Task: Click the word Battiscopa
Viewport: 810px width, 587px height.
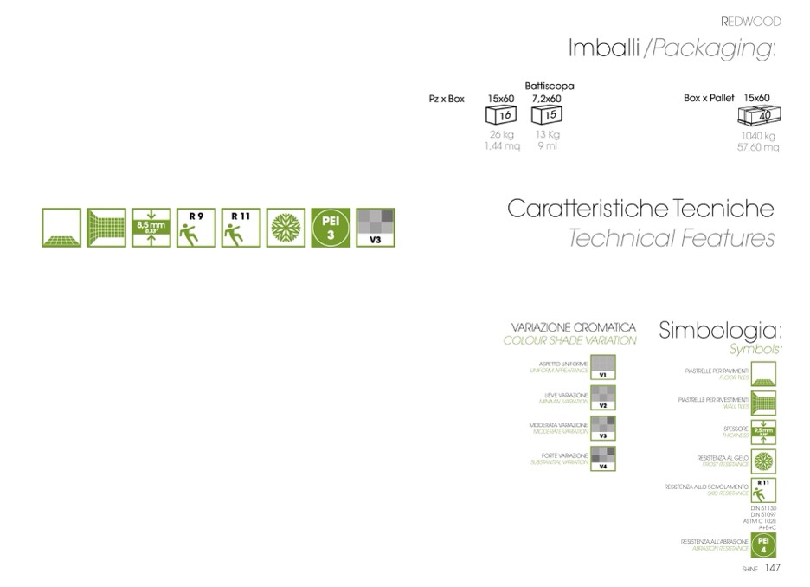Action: tap(549, 86)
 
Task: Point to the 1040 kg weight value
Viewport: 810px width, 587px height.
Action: tap(757, 136)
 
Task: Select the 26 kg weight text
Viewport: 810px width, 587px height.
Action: tap(501, 135)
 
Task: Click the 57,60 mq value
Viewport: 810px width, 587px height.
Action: tap(757, 147)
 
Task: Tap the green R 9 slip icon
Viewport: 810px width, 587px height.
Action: tap(196, 229)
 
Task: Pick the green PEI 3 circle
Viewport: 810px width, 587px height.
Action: tap(330, 229)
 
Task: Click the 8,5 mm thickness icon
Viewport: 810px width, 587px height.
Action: tap(151, 229)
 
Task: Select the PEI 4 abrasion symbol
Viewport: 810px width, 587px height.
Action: tap(762, 545)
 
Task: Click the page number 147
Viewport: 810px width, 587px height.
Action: tap(772, 569)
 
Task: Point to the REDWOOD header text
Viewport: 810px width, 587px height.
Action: tap(750, 21)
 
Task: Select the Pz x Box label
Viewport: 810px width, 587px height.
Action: tap(447, 99)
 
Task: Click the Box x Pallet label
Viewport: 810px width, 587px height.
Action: tap(709, 99)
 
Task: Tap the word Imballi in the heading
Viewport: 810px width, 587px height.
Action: tap(602, 48)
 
